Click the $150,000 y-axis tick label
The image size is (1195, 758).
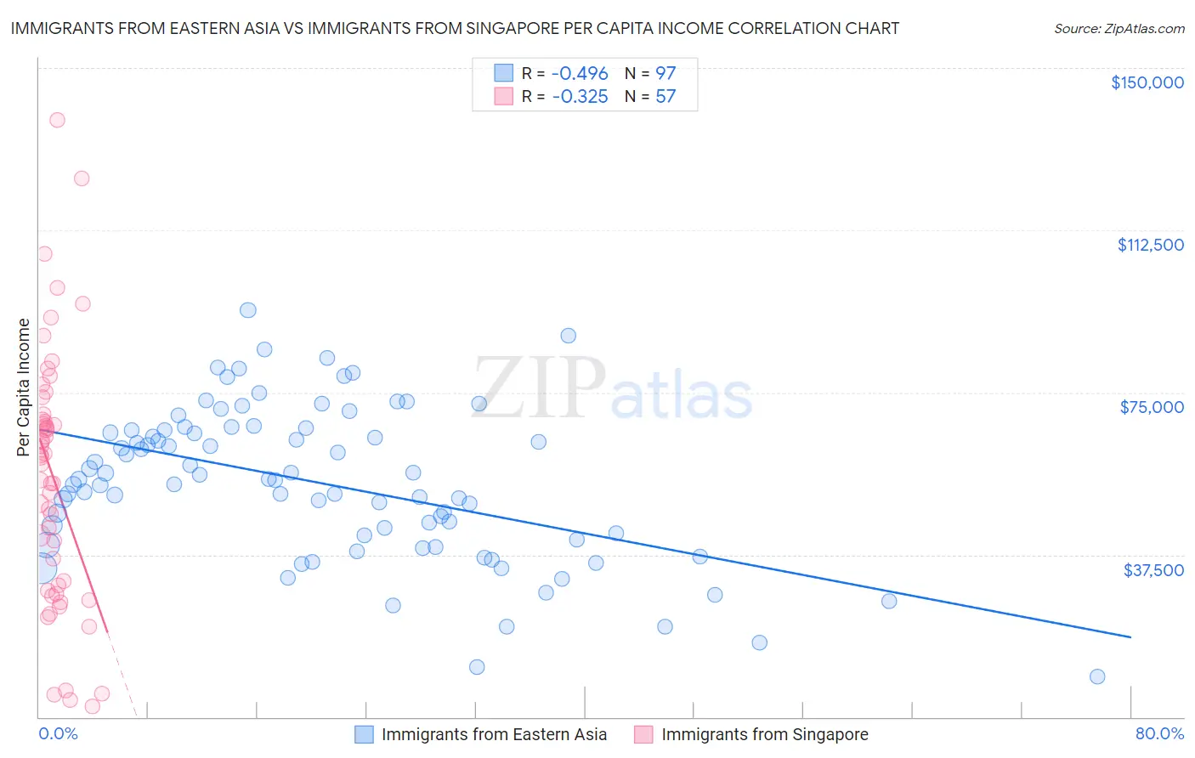tap(1147, 82)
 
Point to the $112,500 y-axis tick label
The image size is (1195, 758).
tap(1150, 245)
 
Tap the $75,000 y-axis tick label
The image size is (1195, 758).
tap(1151, 407)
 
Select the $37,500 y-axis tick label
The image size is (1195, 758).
tap(1153, 570)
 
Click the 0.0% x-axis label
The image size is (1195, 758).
tap(58, 733)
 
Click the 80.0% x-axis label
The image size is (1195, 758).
tap(1158, 733)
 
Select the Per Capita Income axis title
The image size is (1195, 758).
tap(24, 387)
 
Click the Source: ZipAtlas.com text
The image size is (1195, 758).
tap(1119, 29)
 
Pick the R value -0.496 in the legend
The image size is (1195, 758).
tap(580, 73)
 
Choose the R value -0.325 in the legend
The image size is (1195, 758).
tap(580, 96)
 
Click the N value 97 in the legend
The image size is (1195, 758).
tap(665, 73)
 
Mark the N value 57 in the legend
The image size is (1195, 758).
tap(665, 96)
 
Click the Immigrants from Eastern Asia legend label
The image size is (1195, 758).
tap(494, 734)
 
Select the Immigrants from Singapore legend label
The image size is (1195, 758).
tap(764, 734)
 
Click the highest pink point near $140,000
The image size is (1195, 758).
tap(57, 120)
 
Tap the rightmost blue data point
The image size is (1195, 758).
tap(1097, 676)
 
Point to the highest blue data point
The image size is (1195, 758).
tap(248, 310)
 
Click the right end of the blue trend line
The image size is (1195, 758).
tap(1130, 636)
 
